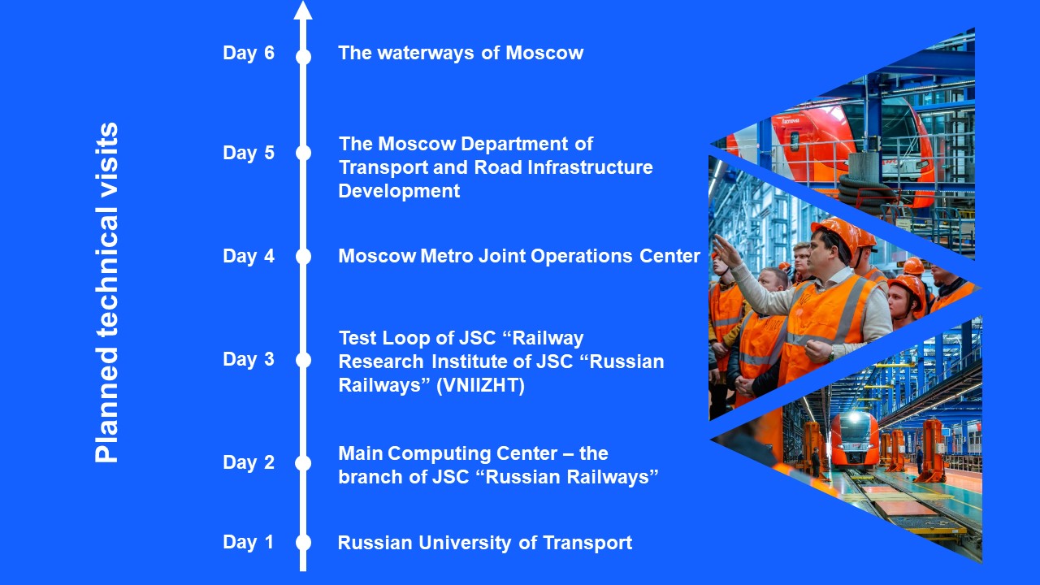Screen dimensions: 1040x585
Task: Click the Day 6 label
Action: (249, 53)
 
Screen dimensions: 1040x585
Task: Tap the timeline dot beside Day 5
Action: (303, 153)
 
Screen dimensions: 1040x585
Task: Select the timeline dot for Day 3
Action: (303, 360)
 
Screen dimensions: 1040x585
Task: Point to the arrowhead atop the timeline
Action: (303, 11)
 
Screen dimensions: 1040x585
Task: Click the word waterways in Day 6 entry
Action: (425, 53)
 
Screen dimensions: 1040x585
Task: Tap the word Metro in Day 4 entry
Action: (447, 256)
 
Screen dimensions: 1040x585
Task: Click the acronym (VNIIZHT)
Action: (480, 385)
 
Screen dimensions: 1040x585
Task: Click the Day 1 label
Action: (248, 542)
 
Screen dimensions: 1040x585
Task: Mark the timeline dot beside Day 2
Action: (303, 463)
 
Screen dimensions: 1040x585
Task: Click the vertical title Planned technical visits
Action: (106, 292)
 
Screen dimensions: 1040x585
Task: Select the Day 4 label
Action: (249, 256)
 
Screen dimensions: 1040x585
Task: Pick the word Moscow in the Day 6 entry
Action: (544, 53)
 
